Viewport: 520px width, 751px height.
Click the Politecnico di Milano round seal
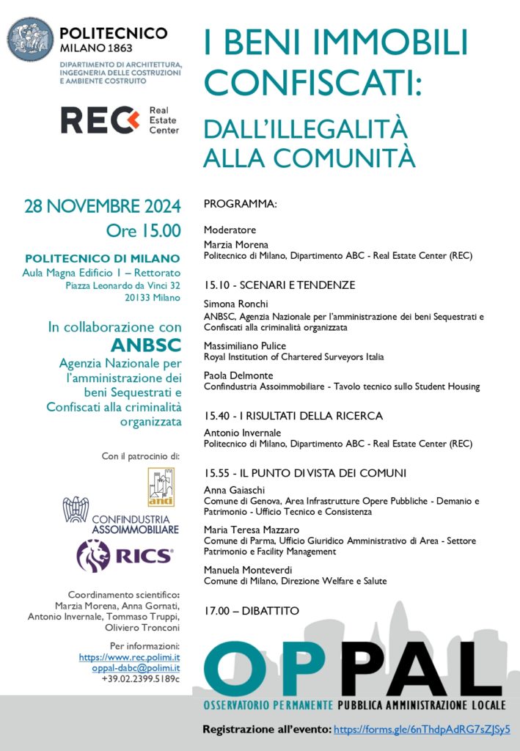tap(30, 39)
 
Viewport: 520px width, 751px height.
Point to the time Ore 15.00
tap(143, 230)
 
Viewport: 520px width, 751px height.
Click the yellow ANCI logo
tap(161, 487)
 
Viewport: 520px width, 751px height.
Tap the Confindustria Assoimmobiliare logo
tap(121, 515)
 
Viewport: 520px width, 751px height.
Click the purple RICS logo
tap(125, 556)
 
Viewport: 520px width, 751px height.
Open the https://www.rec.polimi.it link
tap(129, 657)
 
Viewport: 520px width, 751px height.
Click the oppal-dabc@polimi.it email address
tap(136, 668)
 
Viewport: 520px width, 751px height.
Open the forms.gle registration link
tap(421, 730)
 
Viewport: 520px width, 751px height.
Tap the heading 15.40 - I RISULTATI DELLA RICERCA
tap(293, 416)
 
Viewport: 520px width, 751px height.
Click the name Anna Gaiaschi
tap(235, 490)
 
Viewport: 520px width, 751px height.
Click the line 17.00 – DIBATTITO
tap(252, 610)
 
